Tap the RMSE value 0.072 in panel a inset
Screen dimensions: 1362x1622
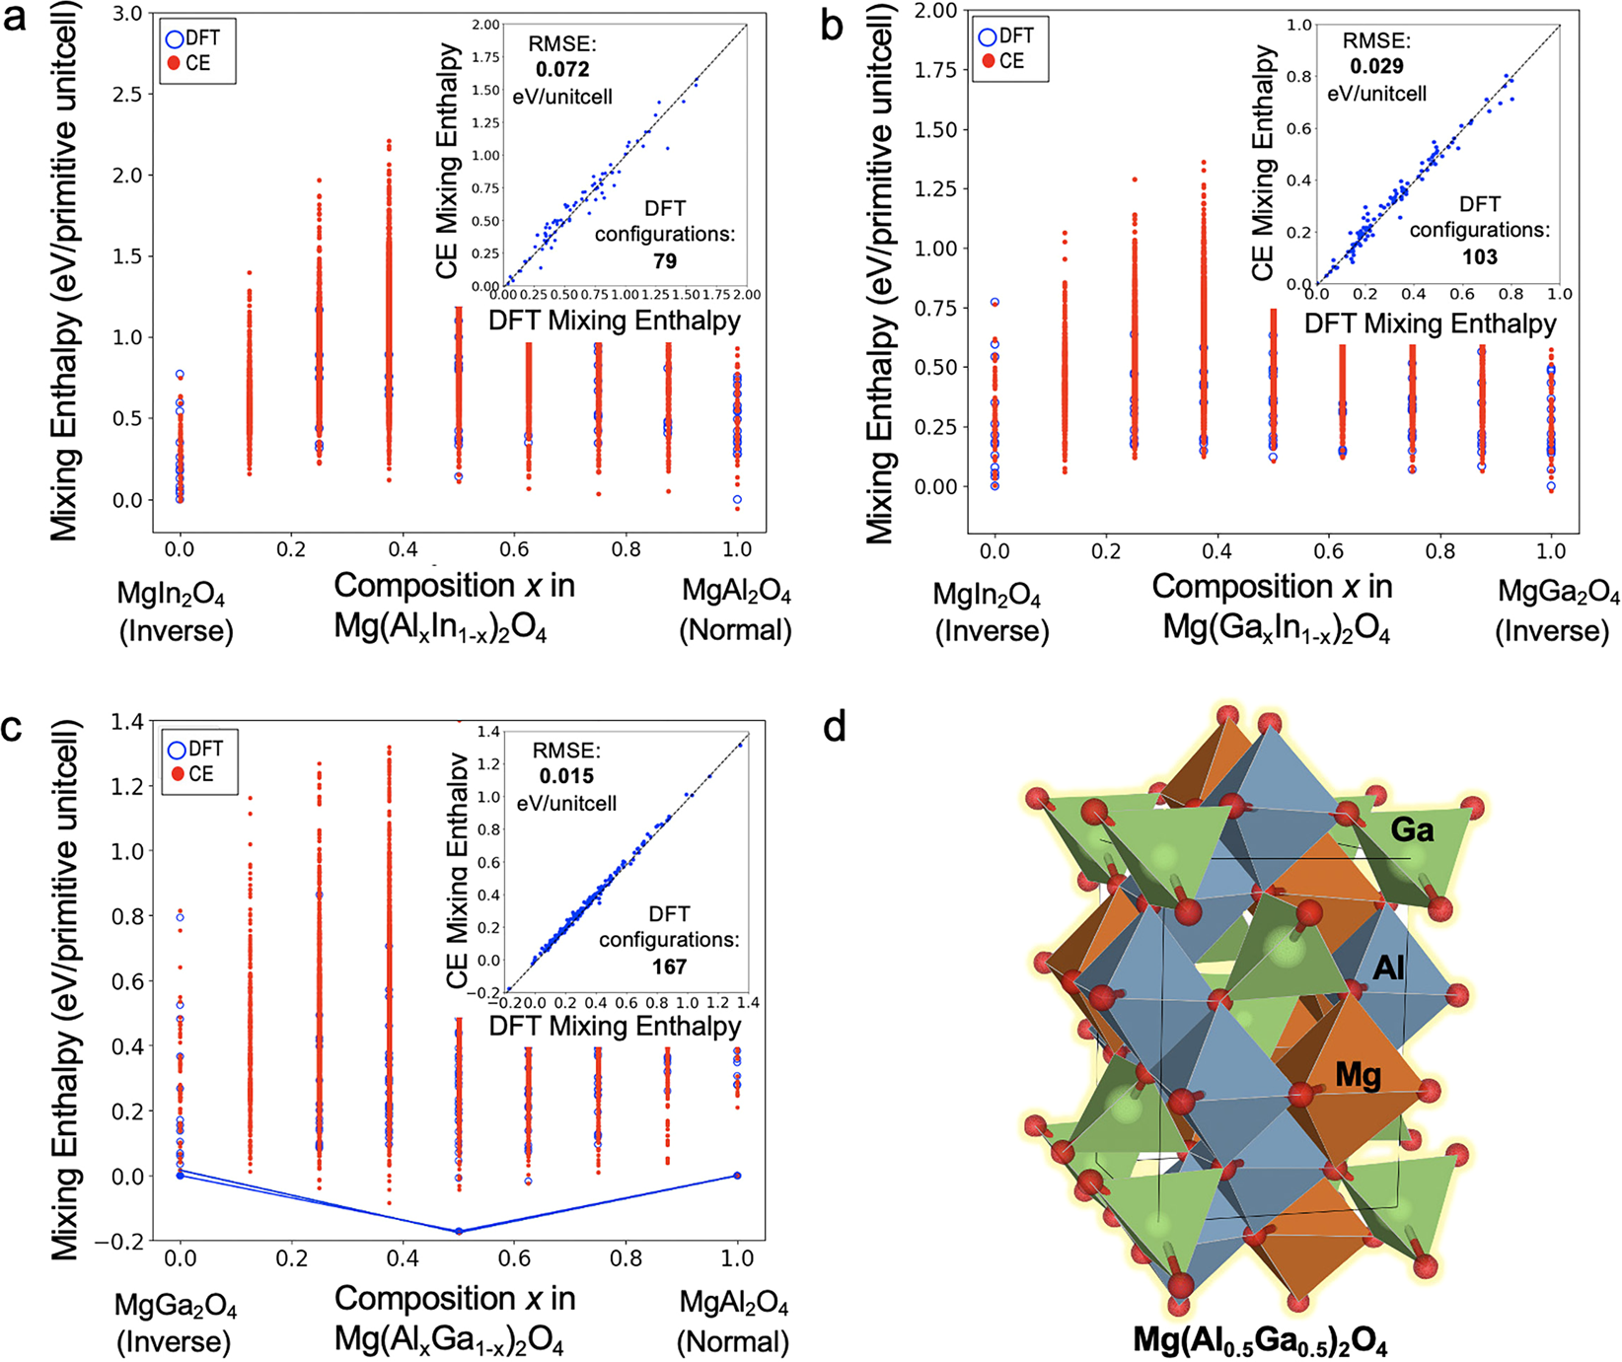[562, 69]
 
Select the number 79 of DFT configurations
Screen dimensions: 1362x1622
[665, 260]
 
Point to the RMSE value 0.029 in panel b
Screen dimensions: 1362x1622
[1378, 66]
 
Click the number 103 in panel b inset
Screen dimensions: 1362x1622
[1480, 256]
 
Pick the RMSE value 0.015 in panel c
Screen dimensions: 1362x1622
[567, 776]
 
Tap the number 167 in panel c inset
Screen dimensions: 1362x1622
[669, 967]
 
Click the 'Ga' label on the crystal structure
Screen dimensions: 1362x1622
[1412, 830]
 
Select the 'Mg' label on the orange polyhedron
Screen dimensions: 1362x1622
[1358, 1075]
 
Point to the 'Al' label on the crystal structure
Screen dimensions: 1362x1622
[1388, 968]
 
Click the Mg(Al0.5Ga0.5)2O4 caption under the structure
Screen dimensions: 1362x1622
[1260, 1340]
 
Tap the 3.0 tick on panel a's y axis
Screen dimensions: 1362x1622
[128, 14]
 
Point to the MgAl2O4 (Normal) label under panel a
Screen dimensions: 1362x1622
[736, 611]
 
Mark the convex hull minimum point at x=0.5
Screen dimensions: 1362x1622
[459, 1231]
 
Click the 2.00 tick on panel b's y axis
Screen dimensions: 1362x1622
[937, 11]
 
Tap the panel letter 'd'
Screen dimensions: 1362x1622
[834, 731]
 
